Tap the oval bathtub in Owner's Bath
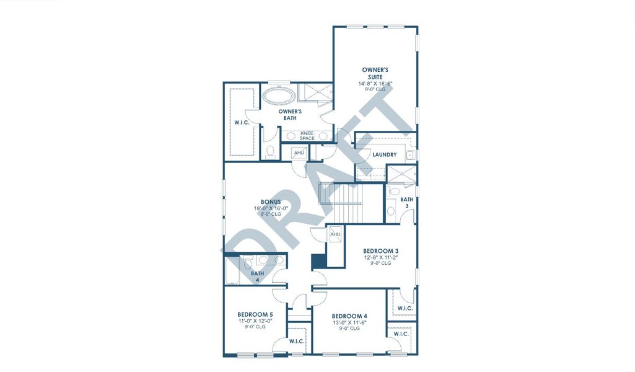pos(278,95)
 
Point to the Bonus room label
pos(271,202)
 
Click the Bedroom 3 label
pos(385,250)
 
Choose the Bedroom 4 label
pos(349,316)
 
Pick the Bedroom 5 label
pos(255,314)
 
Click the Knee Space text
pos(307,135)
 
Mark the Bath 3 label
pos(406,203)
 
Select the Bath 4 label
pos(258,276)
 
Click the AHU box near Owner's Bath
pos(299,153)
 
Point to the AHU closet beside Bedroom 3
pos(335,234)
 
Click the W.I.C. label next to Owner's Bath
pos(242,123)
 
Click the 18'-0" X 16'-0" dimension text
pos(271,209)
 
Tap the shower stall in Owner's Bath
pos(314,92)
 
